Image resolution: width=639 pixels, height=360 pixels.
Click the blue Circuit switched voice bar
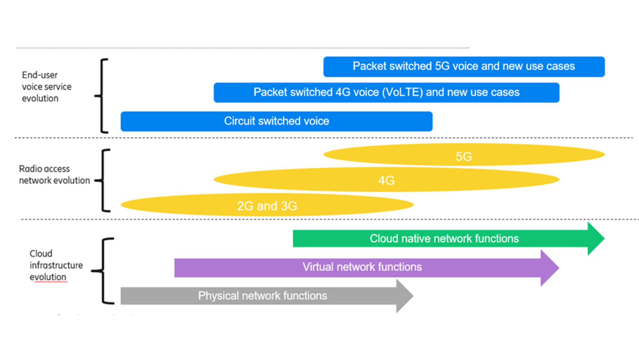(276, 121)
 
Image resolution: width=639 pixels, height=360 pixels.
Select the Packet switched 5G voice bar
(463, 67)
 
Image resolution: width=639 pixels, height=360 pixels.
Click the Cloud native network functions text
(444, 238)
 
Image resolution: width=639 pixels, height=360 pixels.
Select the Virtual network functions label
(362, 267)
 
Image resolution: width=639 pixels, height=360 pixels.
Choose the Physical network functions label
(262, 296)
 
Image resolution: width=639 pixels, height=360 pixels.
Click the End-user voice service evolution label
(46, 87)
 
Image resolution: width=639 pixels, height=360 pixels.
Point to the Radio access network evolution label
(54, 174)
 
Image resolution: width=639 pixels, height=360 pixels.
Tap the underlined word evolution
(48, 277)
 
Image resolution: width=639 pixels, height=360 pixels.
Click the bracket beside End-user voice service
(102, 96)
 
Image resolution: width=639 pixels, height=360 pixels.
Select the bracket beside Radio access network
(104, 180)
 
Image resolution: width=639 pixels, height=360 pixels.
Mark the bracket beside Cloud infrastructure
(104, 271)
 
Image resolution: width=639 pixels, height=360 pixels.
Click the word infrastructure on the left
(56, 265)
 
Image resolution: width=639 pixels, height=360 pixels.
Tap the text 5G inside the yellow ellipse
(463, 157)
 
